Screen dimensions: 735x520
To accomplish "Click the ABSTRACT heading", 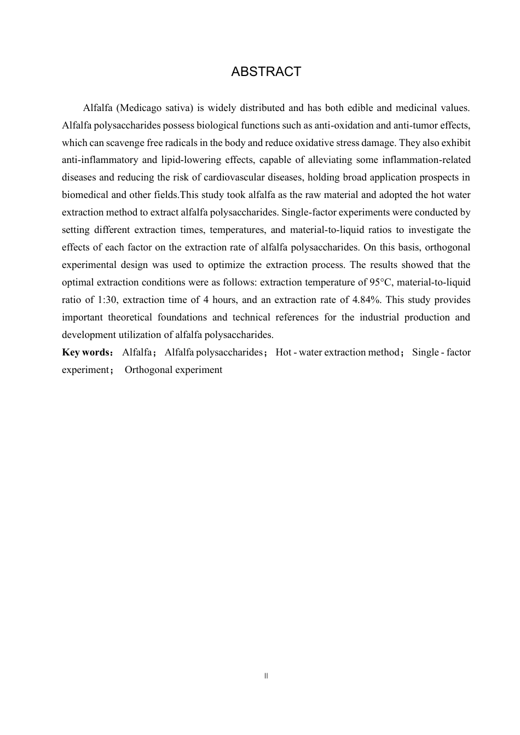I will coord(266,72).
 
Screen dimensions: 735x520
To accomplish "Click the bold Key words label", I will coord(86,352).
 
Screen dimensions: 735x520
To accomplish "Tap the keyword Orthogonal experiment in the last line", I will coord(174,370).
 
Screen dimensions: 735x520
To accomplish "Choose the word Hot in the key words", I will coord(284,352).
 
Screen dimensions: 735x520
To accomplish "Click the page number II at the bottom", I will coord(266,676).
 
